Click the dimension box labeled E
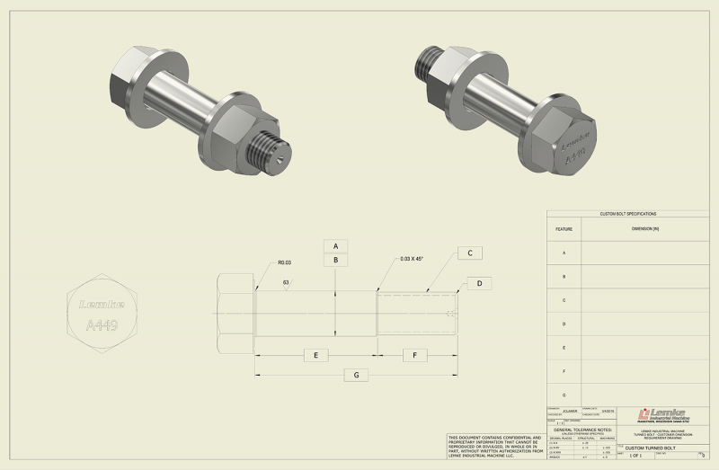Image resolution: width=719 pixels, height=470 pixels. tap(315, 355)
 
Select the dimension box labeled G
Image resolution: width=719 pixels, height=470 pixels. tap(357, 374)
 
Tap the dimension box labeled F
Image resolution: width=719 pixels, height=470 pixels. tap(413, 355)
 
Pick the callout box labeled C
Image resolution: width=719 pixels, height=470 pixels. tap(470, 253)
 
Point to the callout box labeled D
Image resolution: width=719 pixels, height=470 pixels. tap(479, 284)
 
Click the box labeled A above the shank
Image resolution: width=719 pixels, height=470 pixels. tap(335, 245)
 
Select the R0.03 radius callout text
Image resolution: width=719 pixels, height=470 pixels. tap(284, 263)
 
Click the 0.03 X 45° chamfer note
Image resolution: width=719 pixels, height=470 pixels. tap(412, 259)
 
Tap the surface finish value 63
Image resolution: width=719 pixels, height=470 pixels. tap(286, 281)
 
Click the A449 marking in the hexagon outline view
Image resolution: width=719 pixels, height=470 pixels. tap(100, 325)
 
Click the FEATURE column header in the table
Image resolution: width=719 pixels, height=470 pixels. tap(564, 229)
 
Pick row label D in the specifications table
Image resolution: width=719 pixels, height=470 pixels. tap(564, 324)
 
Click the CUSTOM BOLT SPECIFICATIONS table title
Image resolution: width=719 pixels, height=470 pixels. tap(628, 214)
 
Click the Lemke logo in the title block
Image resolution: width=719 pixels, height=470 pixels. tap(664, 414)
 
